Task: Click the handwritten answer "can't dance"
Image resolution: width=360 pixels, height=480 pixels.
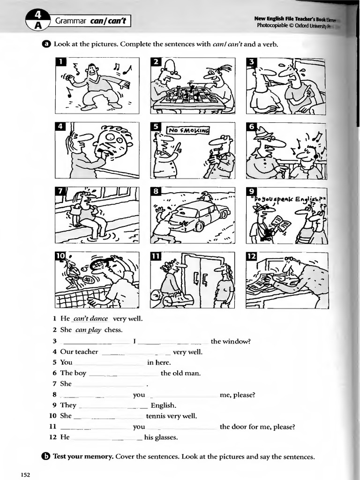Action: [x=90, y=319]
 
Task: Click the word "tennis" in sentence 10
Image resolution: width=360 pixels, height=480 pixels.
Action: [x=156, y=416]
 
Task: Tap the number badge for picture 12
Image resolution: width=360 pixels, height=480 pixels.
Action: [x=252, y=256]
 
